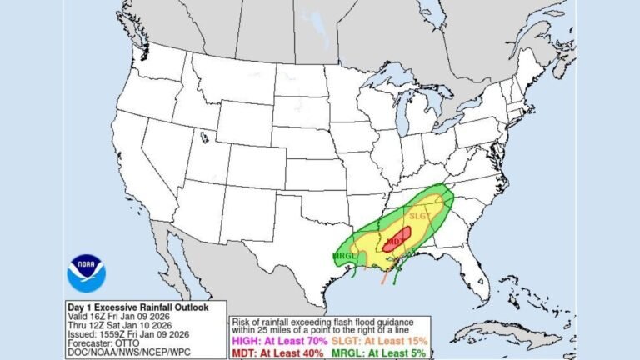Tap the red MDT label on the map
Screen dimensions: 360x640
[x=394, y=242]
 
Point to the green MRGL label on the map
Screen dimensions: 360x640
[x=345, y=254]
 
